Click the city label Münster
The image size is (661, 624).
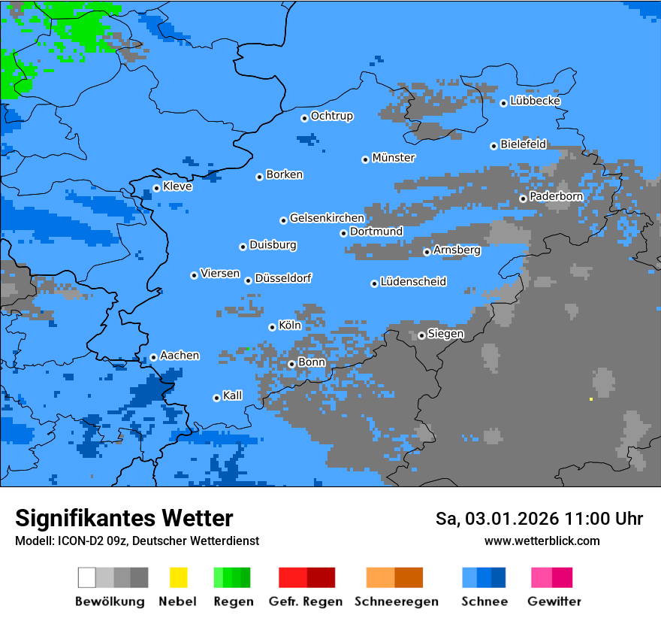click(394, 158)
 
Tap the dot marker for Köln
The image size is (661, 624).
click(272, 327)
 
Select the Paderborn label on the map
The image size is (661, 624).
click(556, 196)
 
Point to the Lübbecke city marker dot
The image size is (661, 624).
click(504, 103)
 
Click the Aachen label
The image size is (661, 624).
click(180, 356)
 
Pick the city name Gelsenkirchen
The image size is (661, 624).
click(327, 218)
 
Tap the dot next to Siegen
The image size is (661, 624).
click(421, 335)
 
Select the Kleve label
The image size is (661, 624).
click(177, 186)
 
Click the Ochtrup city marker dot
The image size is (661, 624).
click(304, 118)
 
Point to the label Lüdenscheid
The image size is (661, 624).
click(413, 282)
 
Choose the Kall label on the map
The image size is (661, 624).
click(232, 395)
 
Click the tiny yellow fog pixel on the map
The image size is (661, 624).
click(591, 399)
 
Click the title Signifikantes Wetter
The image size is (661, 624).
click(124, 519)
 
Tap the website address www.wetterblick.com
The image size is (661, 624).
click(542, 541)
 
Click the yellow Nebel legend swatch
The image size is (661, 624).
click(178, 577)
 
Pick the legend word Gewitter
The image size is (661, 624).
click(554, 601)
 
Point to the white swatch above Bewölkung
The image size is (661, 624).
click(87, 577)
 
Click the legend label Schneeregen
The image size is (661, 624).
click(397, 601)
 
